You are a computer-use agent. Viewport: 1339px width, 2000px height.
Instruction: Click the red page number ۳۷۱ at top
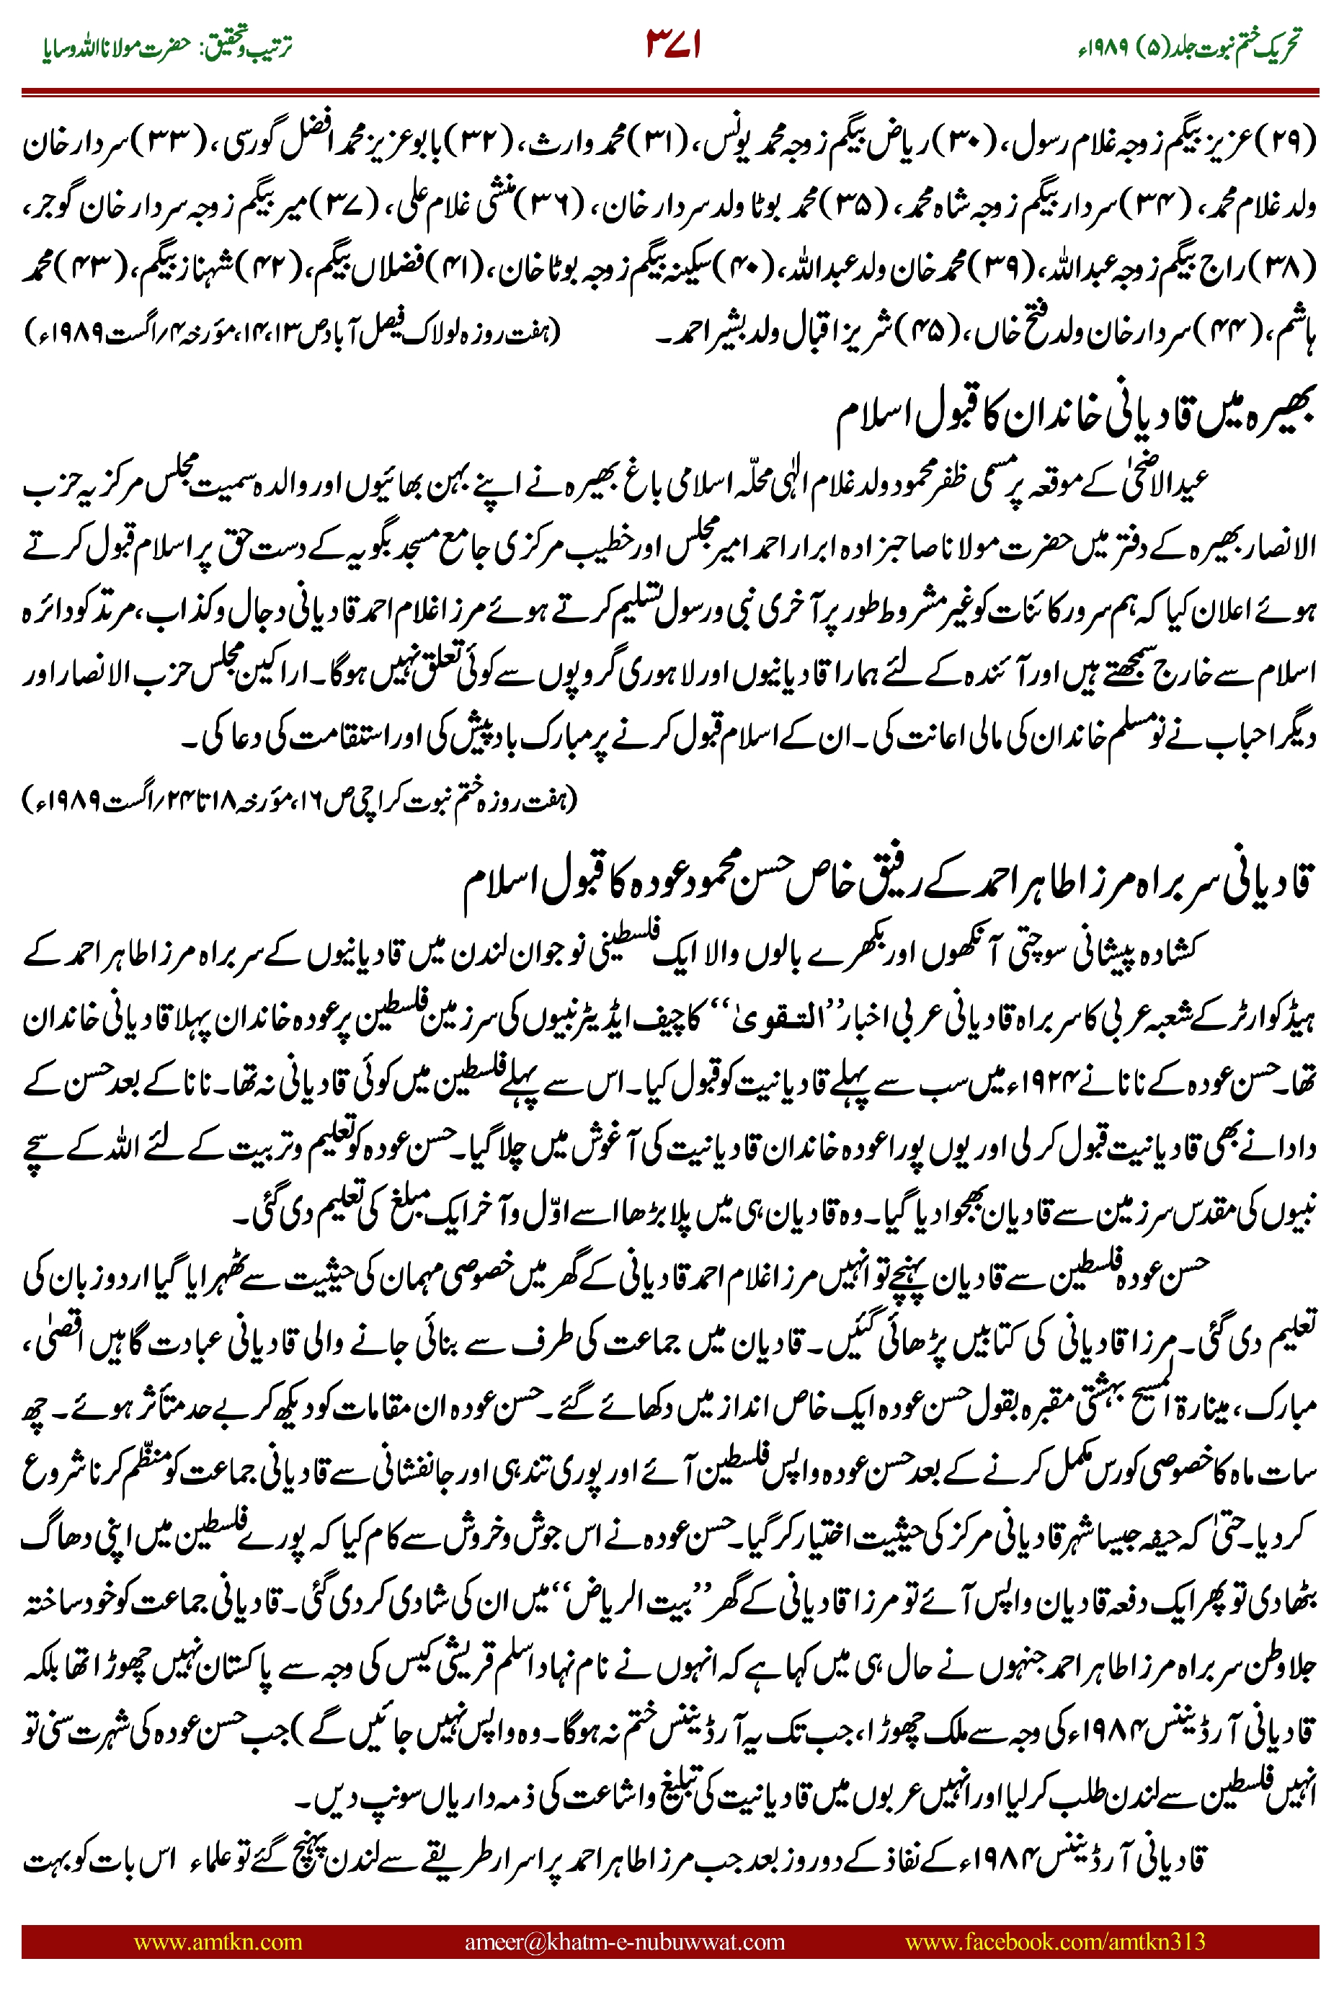click(673, 45)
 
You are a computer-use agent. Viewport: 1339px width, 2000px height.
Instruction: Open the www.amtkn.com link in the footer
click(218, 1941)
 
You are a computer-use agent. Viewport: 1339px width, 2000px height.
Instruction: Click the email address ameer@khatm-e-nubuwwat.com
click(624, 1941)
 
